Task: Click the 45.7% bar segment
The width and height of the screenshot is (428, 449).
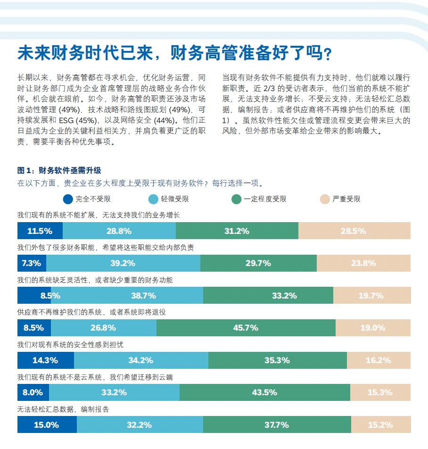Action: [x=246, y=328]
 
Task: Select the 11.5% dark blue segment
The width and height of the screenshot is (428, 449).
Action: [x=40, y=231]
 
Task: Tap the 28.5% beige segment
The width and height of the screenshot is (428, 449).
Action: [x=354, y=231]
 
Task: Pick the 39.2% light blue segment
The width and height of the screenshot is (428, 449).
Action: [x=123, y=263]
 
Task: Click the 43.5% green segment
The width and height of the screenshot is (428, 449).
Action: [x=264, y=392]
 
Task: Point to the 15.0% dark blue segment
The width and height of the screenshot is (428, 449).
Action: [x=47, y=424]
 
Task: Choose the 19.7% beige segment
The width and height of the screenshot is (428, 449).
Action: [x=371, y=296]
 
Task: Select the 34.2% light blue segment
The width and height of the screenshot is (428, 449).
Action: [x=141, y=360]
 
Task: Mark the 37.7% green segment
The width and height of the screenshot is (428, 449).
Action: [x=277, y=424]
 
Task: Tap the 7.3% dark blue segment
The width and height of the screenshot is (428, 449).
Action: [x=32, y=263]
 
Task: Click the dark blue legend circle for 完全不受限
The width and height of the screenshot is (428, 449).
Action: [x=68, y=199]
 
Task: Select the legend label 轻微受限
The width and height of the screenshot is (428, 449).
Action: [x=175, y=199]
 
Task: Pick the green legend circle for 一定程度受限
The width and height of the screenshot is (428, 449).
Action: [x=236, y=199]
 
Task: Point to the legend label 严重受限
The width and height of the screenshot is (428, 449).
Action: [x=346, y=199]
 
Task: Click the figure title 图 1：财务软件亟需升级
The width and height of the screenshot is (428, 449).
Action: [x=59, y=170]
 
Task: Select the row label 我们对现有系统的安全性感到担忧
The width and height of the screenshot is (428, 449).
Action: [x=70, y=345]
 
